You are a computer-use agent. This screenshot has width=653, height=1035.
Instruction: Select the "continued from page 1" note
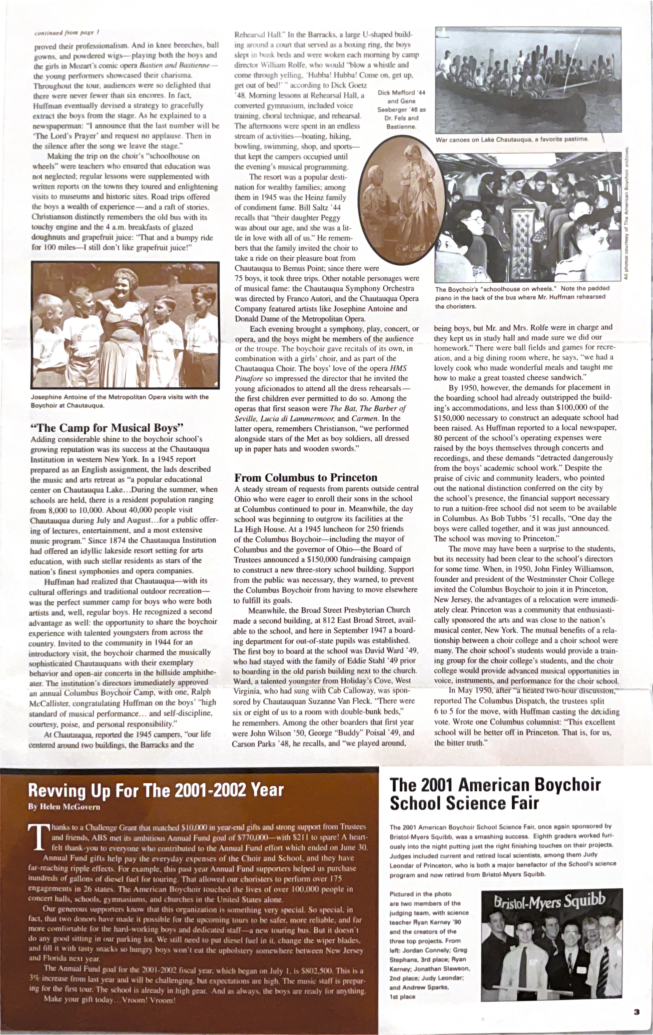67,33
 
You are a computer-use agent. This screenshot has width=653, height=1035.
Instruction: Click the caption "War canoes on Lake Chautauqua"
512,139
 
